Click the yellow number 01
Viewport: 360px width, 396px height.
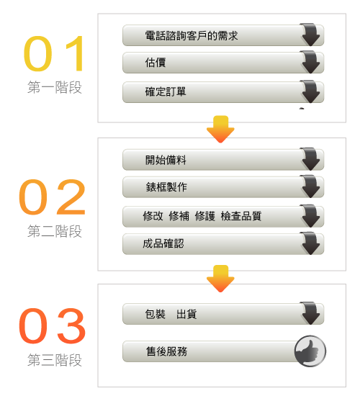[53, 53]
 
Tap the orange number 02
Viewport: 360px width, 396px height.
[52, 197]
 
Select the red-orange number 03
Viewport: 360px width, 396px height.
[52, 325]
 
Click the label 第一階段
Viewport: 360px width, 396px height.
[55, 87]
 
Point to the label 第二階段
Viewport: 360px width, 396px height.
[55, 231]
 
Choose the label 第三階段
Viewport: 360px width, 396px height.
[55, 360]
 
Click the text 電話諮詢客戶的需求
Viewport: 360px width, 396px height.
[192, 35]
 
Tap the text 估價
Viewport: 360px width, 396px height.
[156, 63]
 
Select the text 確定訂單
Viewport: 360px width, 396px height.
[166, 91]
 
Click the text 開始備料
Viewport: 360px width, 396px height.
[166, 160]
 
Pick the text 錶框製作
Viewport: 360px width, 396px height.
[166, 187]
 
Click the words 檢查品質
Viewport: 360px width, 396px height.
[241, 216]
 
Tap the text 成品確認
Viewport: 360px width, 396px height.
[163, 243]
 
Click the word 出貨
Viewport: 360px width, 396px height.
[186, 315]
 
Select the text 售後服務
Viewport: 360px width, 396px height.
[166, 351]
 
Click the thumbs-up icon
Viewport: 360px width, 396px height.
[310, 351]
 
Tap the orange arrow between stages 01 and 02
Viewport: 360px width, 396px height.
[220, 130]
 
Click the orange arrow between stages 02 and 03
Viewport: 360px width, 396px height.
[220, 279]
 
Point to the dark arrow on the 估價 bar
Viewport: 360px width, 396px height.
[310, 62]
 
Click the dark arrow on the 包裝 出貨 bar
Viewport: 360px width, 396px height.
[310, 313]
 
